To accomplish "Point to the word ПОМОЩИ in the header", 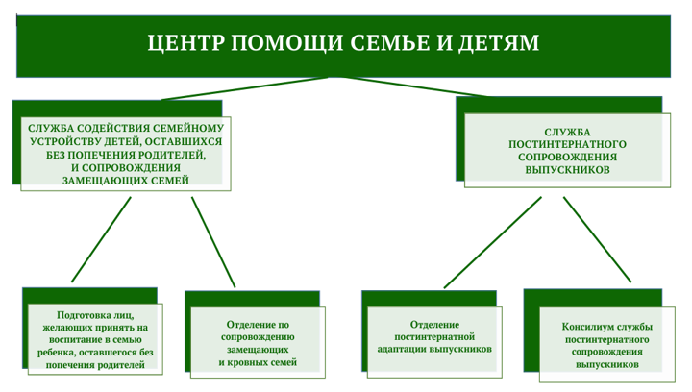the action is point(286,43).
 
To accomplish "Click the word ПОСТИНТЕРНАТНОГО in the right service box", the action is point(567,144).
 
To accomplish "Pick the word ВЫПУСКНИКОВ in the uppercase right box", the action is point(567,170).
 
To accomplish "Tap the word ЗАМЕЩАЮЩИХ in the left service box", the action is point(93,181).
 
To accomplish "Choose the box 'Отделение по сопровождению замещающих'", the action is point(258,343).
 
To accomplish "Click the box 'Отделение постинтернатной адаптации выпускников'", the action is point(434,342).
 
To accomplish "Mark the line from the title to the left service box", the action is point(245,88).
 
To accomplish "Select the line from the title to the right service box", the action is point(415,86).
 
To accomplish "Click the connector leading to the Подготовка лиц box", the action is point(101,239).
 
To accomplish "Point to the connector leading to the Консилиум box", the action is point(597,239).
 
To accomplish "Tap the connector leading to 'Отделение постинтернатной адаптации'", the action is point(492,242).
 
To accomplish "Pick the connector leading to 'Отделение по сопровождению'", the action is point(213,242).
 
